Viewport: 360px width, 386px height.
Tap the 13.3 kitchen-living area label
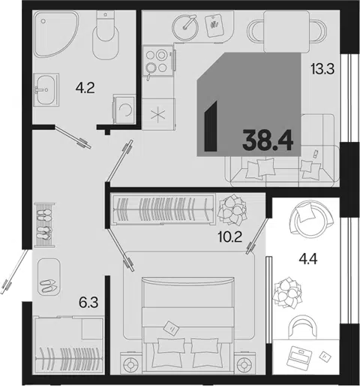click(322, 69)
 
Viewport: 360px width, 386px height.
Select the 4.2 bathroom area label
click(85, 88)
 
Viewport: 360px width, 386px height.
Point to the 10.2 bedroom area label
click(230, 237)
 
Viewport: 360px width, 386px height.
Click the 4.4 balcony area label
click(308, 259)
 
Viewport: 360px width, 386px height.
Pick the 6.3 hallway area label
click(88, 303)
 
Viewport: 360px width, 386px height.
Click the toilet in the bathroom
click(106, 35)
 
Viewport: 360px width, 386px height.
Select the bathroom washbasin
click(46, 89)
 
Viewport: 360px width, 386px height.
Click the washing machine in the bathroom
click(124, 109)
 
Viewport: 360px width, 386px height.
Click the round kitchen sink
click(185, 27)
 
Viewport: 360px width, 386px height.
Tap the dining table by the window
click(286, 32)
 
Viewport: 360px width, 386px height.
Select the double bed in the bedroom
click(188, 325)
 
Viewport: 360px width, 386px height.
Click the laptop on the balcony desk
click(300, 356)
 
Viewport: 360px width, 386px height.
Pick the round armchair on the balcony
click(311, 219)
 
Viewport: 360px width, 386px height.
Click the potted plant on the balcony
click(287, 292)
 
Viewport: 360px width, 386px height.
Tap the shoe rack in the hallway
click(44, 225)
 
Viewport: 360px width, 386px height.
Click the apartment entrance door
click(14, 272)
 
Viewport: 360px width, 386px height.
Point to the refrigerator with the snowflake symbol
click(158, 114)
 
